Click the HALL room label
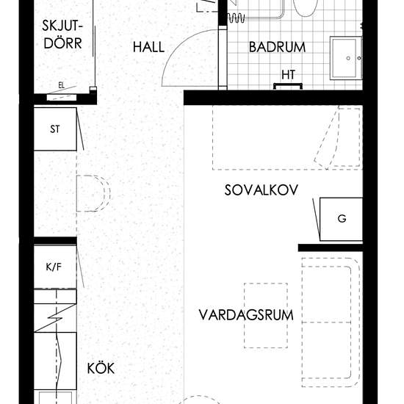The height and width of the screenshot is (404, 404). pos(148,47)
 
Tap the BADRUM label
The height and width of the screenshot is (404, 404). pos(277,47)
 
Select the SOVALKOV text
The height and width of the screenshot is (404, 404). pos(261,190)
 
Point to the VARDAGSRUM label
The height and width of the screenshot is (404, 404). pos(246,315)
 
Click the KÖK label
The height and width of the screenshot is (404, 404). pos(101,368)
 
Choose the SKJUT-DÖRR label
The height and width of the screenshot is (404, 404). pos(62,35)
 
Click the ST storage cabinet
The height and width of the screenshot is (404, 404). pos(55,129)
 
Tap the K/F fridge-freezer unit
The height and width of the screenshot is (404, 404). pos(55,267)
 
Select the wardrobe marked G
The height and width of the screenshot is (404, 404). pos(341,220)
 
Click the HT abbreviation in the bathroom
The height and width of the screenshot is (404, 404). pos(289,75)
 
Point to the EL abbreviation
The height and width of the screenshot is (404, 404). pos(61,85)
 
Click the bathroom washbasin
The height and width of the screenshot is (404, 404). pos(346,58)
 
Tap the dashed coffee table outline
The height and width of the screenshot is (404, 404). pos(266,316)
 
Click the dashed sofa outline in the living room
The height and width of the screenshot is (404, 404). pos(331,322)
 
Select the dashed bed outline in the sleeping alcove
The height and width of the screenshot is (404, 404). pos(287,138)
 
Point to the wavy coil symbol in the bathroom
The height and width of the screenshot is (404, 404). pos(236,18)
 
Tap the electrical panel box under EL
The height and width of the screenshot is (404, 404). pos(62,98)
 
